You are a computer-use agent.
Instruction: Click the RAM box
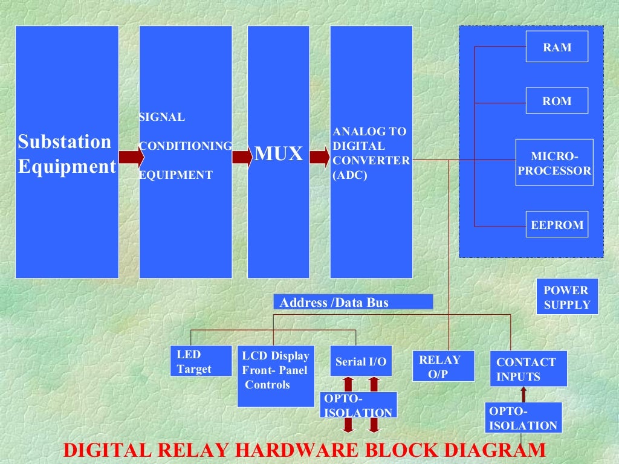click(x=557, y=47)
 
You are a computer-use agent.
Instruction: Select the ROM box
click(x=557, y=101)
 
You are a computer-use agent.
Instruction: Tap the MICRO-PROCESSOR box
click(x=554, y=163)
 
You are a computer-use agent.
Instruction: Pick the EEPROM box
click(x=557, y=225)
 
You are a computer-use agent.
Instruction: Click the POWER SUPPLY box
click(x=567, y=297)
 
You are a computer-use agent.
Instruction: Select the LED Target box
click(x=201, y=361)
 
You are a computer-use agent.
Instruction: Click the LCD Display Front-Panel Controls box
click(x=274, y=376)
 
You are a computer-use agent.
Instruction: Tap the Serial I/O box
click(x=361, y=361)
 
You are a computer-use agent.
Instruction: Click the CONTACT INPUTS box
click(x=528, y=369)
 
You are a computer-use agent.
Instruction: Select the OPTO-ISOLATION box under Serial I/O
click(x=358, y=405)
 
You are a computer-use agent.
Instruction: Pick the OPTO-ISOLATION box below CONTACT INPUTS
click(x=523, y=417)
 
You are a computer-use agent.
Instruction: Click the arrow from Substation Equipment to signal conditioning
click(x=131, y=157)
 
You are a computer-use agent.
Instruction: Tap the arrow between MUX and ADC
click(x=320, y=157)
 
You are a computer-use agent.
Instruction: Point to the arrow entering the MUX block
click(x=242, y=157)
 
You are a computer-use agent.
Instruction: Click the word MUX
click(x=278, y=153)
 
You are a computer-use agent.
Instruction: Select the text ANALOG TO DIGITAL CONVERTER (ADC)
click(x=371, y=153)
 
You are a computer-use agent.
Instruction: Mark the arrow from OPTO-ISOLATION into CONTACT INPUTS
click(x=523, y=395)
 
